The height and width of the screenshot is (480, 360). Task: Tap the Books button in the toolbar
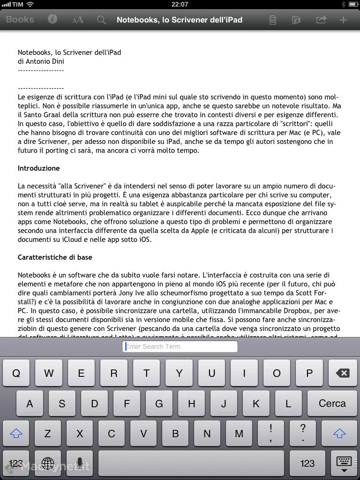[x=20, y=20]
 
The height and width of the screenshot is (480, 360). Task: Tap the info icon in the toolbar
[x=52, y=19]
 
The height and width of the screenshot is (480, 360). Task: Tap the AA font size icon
[x=77, y=20]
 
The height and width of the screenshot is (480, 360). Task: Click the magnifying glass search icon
[x=101, y=20]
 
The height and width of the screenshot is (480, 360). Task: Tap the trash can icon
[x=272, y=20]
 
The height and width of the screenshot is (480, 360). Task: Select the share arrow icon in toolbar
[x=321, y=20]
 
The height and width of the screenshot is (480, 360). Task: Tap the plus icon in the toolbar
[x=344, y=20]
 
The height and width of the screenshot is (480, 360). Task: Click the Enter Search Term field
[x=180, y=346]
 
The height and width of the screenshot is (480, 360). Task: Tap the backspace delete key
[x=342, y=373]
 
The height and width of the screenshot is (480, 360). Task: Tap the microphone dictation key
[x=79, y=464]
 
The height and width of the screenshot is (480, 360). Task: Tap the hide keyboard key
[x=344, y=464]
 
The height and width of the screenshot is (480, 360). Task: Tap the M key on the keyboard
[x=239, y=434]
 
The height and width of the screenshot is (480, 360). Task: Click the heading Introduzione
[x=39, y=168]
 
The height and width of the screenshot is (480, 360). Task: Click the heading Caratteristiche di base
[x=55, y=257]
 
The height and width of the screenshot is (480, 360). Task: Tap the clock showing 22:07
[x=180, y=4]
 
